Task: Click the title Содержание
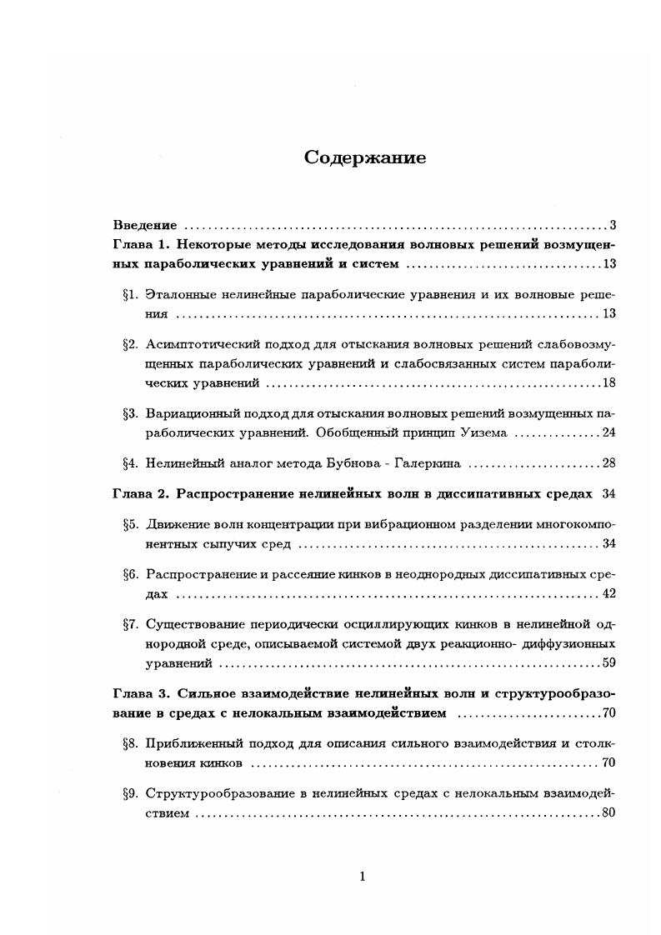click(365, 158)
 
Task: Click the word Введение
click(145, 225)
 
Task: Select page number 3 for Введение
click(612, 225)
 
